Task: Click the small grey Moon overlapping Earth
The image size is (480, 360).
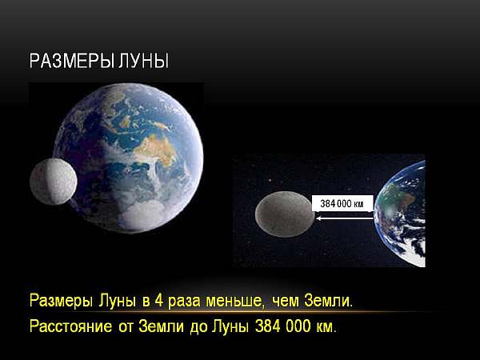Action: tap(54, 182)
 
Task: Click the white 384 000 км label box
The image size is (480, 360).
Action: tap(342, 203)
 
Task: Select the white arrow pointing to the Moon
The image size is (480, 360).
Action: tap(345, 218)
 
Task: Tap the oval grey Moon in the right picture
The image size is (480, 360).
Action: tap(285, 214)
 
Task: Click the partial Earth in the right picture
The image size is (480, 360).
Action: tap(400, 214)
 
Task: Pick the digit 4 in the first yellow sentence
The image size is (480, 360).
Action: tap(158, 301)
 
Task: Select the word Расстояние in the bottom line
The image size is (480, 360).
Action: tap(70, 326)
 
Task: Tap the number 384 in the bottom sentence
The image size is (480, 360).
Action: tap(267, 326)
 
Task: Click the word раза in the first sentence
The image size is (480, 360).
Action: tap(184, 302)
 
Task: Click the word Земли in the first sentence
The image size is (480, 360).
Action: tap(328, 302)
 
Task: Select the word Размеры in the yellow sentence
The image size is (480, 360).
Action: tap(61, 302)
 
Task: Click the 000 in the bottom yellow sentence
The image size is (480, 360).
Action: tap(298, 326)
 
